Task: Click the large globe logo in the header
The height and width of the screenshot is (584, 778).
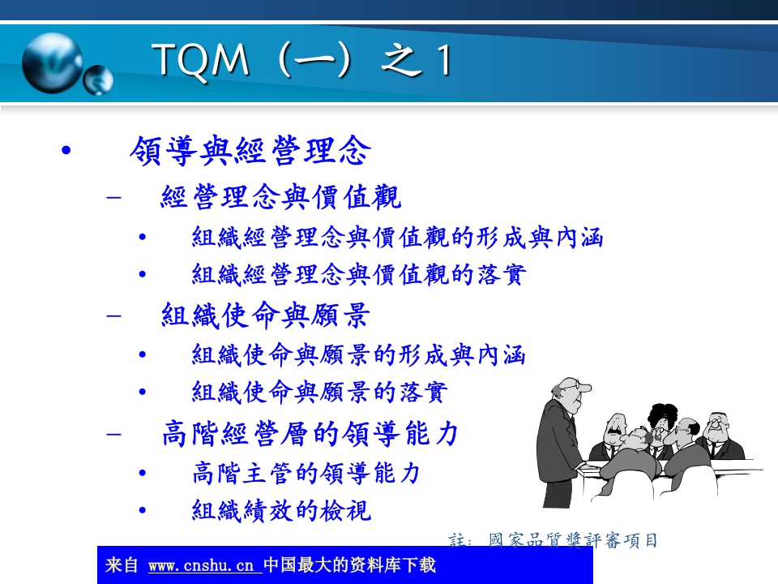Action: pos(52,62)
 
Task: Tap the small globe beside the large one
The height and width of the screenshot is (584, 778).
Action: pos(99,79)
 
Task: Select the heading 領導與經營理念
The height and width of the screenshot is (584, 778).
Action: pos(250,151)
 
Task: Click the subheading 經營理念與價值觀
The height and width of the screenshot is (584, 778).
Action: pos(280,197)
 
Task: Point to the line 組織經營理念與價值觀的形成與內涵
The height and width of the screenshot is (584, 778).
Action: pos(397,238)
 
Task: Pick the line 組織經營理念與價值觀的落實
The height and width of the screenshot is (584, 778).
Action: pos(359,275)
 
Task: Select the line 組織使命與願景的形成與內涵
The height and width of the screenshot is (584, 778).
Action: pos(359,355)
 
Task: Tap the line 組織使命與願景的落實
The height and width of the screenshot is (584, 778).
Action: pos(319,393)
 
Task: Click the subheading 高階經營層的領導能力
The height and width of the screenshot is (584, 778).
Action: pos(310,433)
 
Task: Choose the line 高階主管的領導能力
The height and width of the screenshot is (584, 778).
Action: pos(306,473)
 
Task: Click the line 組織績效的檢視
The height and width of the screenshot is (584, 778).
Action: pos(281,510)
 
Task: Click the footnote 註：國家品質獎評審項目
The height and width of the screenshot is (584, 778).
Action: pos(553,540)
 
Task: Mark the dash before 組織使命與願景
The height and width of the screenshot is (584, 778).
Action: pos(115,316)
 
